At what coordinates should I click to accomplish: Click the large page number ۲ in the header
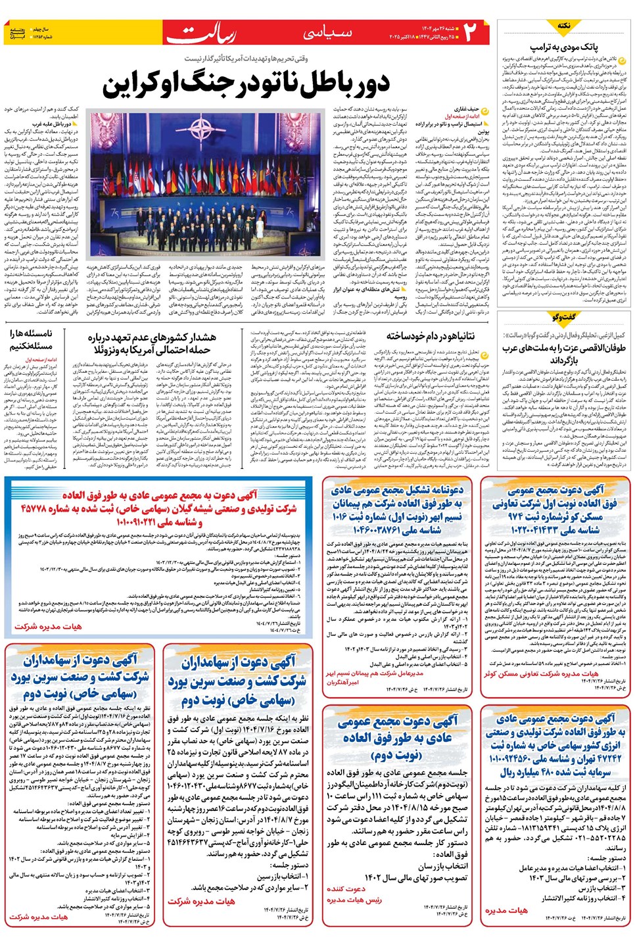[x=472, y=32]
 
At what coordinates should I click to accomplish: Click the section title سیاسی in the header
[x=327, y=32]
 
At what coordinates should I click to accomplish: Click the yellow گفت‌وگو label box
[x=563, y=317]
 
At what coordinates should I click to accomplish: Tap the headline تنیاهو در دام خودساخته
[x=431, y=337]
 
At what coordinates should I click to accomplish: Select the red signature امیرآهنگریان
[x=343, y=682]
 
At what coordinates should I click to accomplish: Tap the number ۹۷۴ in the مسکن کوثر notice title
[x=515, y=516]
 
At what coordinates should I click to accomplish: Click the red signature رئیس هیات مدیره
[x=354, y=900]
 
